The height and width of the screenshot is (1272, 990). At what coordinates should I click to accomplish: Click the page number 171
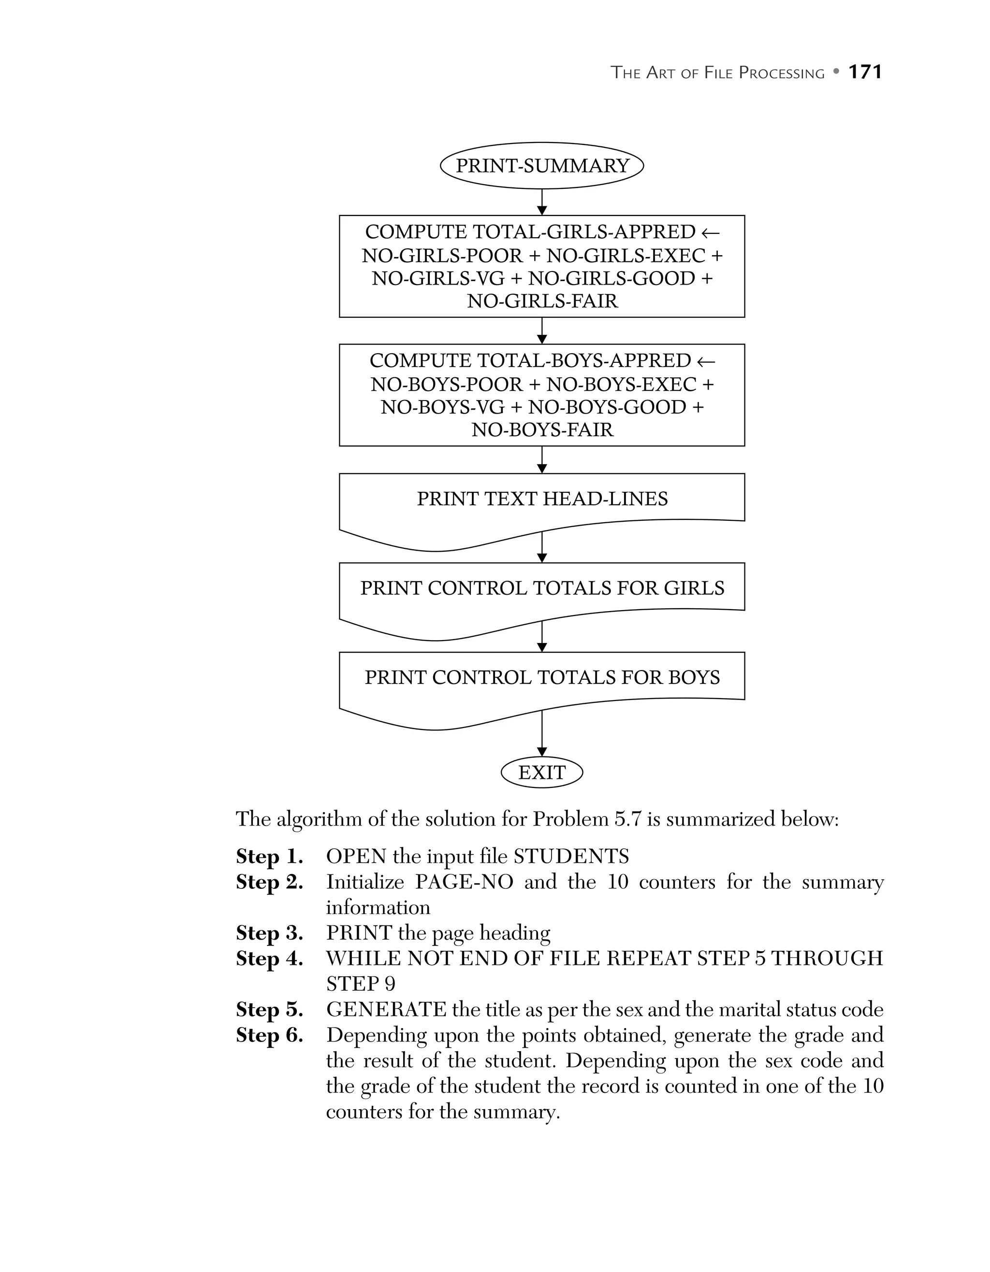(865, 71)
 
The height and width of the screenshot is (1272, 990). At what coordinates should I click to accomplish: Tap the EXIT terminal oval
(542, 772)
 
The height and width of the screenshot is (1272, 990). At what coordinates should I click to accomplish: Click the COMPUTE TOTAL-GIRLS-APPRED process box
(542, 266)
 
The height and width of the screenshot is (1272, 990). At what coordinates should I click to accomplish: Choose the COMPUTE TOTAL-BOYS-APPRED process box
(542, 395)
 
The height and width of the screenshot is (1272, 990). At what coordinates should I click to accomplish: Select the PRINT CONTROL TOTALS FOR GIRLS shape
(542, 589)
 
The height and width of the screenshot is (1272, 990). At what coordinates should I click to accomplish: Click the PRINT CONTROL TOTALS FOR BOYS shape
(542, 679)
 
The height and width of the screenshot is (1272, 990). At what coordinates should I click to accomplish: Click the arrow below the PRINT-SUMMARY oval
(542, 202)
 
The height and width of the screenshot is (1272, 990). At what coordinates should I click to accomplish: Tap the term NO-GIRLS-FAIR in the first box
(542, 301)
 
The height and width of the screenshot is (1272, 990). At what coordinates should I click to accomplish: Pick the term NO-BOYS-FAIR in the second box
(542, 430)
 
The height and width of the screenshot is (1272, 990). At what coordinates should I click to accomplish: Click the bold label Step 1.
(269, 856)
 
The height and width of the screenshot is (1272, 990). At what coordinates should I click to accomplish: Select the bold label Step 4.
(269, 958)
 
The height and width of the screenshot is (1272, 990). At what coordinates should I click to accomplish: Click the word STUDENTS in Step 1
(570, 856)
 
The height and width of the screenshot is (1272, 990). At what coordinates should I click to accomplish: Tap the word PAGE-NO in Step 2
(464, 882)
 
